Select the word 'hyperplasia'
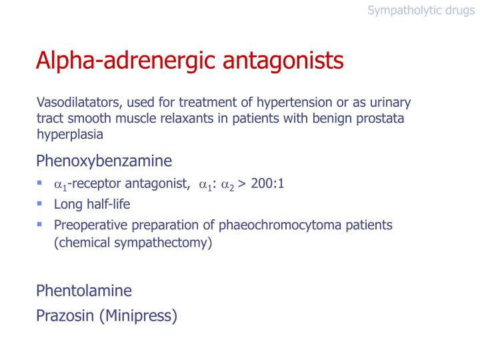click(70, 134)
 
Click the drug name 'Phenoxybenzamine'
click(104, 161)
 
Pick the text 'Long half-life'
click(92, 205)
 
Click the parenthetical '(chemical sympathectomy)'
click(133, 243)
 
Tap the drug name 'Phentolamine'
click(84, 291)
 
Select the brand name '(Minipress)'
click(138, 315)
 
